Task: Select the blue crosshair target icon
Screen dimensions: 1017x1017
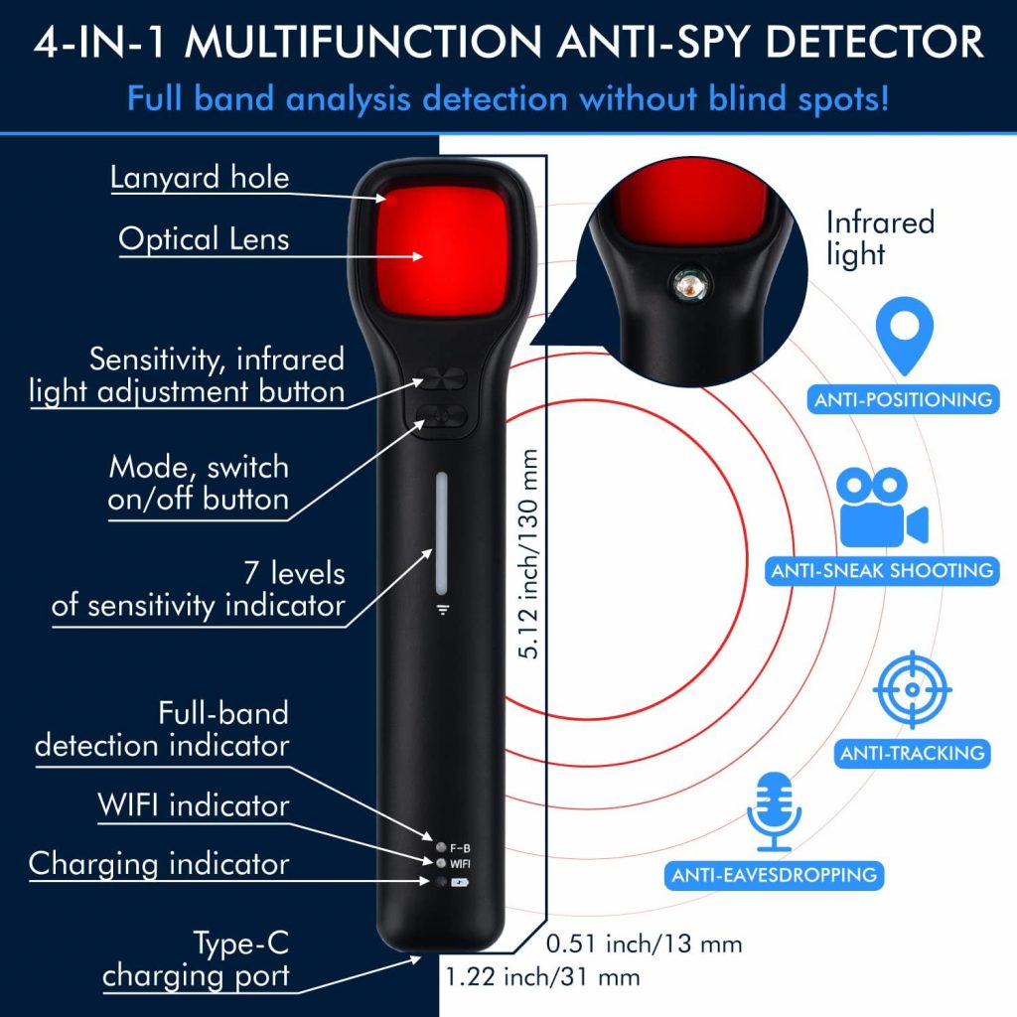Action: (912, 689)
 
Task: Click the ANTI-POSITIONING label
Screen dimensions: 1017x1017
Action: (903, 399)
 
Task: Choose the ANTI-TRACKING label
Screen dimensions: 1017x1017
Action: (912, 753)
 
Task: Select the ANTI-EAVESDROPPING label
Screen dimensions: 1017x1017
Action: (774, 875)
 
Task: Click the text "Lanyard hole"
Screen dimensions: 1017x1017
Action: (200, 179)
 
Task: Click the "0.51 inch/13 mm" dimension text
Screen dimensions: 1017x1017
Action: (645, 943)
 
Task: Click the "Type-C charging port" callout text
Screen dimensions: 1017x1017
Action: (197, 959)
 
